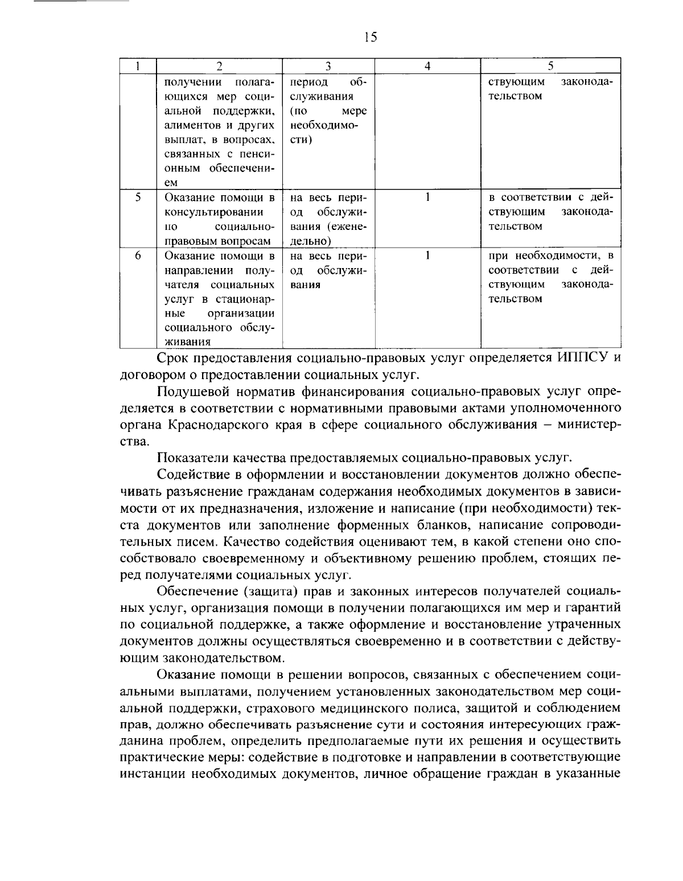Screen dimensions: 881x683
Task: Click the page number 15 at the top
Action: pos(369,38)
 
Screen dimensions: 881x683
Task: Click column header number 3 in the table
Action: pos(328,66)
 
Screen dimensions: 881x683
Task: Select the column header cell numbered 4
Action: pos(427,66)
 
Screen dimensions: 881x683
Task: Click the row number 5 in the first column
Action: pos(138,197)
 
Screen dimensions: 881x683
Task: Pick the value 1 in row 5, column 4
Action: pos(427,197)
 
